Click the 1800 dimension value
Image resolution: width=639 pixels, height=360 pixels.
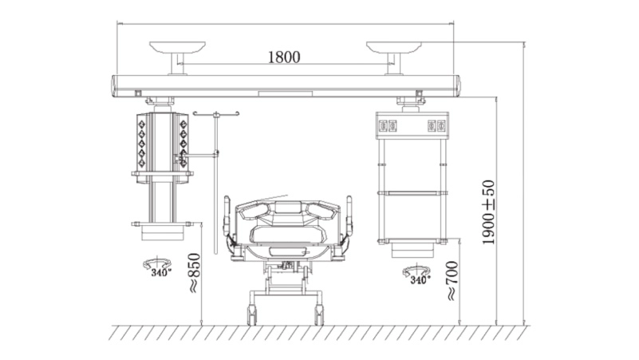point(284,57)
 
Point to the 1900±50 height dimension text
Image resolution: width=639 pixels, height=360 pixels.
point(488,212)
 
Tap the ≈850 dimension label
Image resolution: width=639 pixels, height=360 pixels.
point(195,273)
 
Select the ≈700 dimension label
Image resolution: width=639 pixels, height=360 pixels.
point(452,281)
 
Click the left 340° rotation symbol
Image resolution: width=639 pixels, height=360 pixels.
point(157,267)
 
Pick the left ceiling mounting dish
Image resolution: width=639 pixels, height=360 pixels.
point(177,47)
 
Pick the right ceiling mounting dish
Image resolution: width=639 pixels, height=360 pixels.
point(393,47)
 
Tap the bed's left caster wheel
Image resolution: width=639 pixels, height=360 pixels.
point(252,315)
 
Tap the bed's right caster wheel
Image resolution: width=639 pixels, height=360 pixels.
point(318,315)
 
